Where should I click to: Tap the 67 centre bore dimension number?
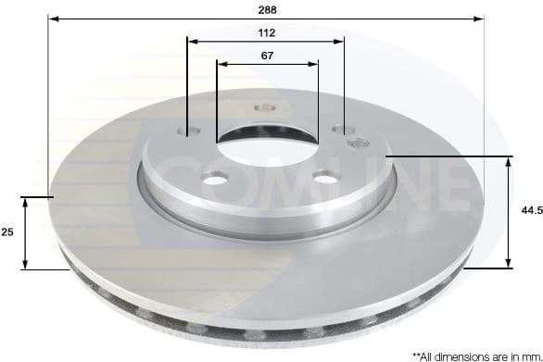pyautogui.click(x=267, y=56)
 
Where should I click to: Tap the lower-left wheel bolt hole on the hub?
pyautogui.click(x=214, y=178)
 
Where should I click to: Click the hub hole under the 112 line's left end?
pyautogui.click(x=185, y=131)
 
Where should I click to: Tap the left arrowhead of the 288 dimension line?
pyautogui.click(x=52, y=18)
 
